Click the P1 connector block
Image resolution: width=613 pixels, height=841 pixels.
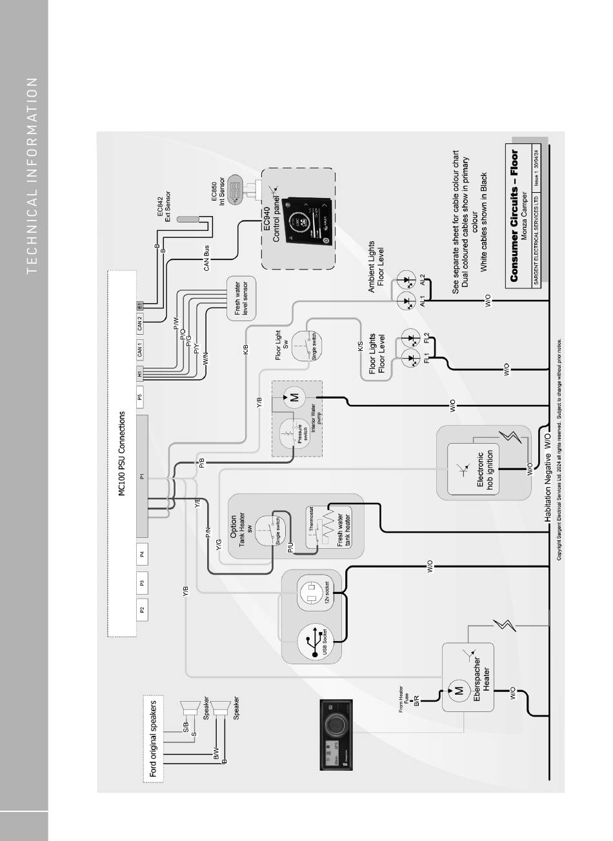pyautogui.click(x=142, y=477)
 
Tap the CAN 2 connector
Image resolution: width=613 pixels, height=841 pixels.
pyautogui.click(x=140, y=324)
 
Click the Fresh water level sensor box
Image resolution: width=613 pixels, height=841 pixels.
pyautogui.click(x=241, y=299)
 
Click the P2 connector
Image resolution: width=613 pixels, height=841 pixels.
pyautogui.click(x=141, y=608)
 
